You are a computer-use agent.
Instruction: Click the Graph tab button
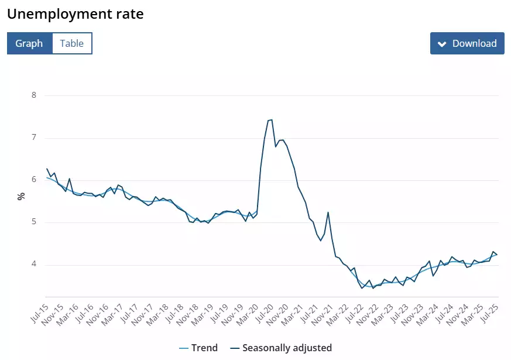(x=29, y=43)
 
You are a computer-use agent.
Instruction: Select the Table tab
(x=72, y=43)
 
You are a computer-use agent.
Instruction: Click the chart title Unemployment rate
(x=75, y=14)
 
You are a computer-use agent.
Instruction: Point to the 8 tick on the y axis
(x=34, y=95)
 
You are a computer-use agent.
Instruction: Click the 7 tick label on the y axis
(x=34, y=138)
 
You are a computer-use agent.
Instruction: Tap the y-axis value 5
(x=34, y=222)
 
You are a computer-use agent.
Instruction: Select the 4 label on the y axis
(x=34, y=265)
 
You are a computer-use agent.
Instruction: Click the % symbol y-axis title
(x=21, y=196)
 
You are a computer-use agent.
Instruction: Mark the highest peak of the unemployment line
(x=271, y=119)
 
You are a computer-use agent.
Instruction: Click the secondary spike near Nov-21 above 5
(x=328, y=212)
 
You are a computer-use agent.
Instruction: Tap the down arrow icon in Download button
(x=442, y=44)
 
